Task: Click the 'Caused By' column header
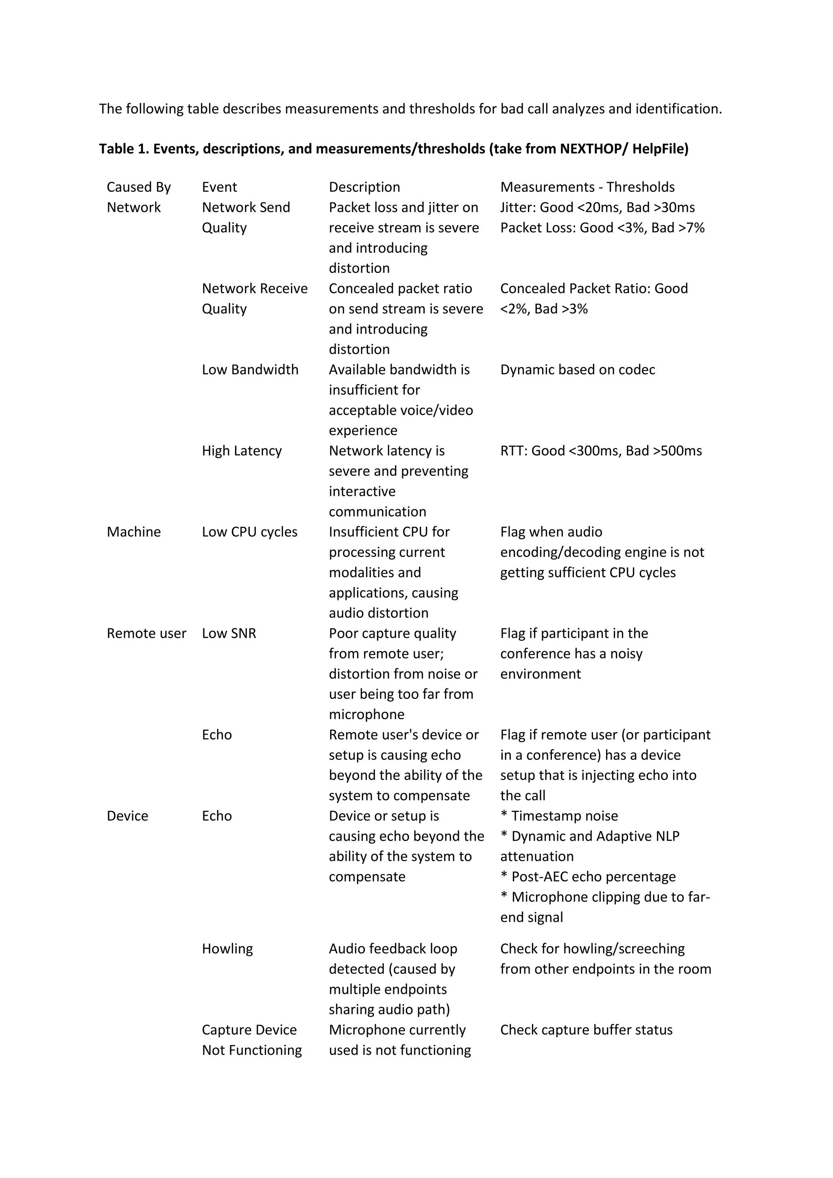click(138, 187)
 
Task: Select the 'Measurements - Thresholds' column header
click(587, 187)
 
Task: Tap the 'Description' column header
click(364, 187)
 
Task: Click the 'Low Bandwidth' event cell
click(250, 369)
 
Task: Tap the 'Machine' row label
click(133, 532)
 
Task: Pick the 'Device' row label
click(127, 816)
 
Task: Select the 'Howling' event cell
click(227, 949)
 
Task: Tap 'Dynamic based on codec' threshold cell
click(578, 369)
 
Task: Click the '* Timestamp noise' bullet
click(559, 816)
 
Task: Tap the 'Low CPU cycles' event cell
click(249, 532)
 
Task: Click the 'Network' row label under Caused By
click(133, 207)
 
